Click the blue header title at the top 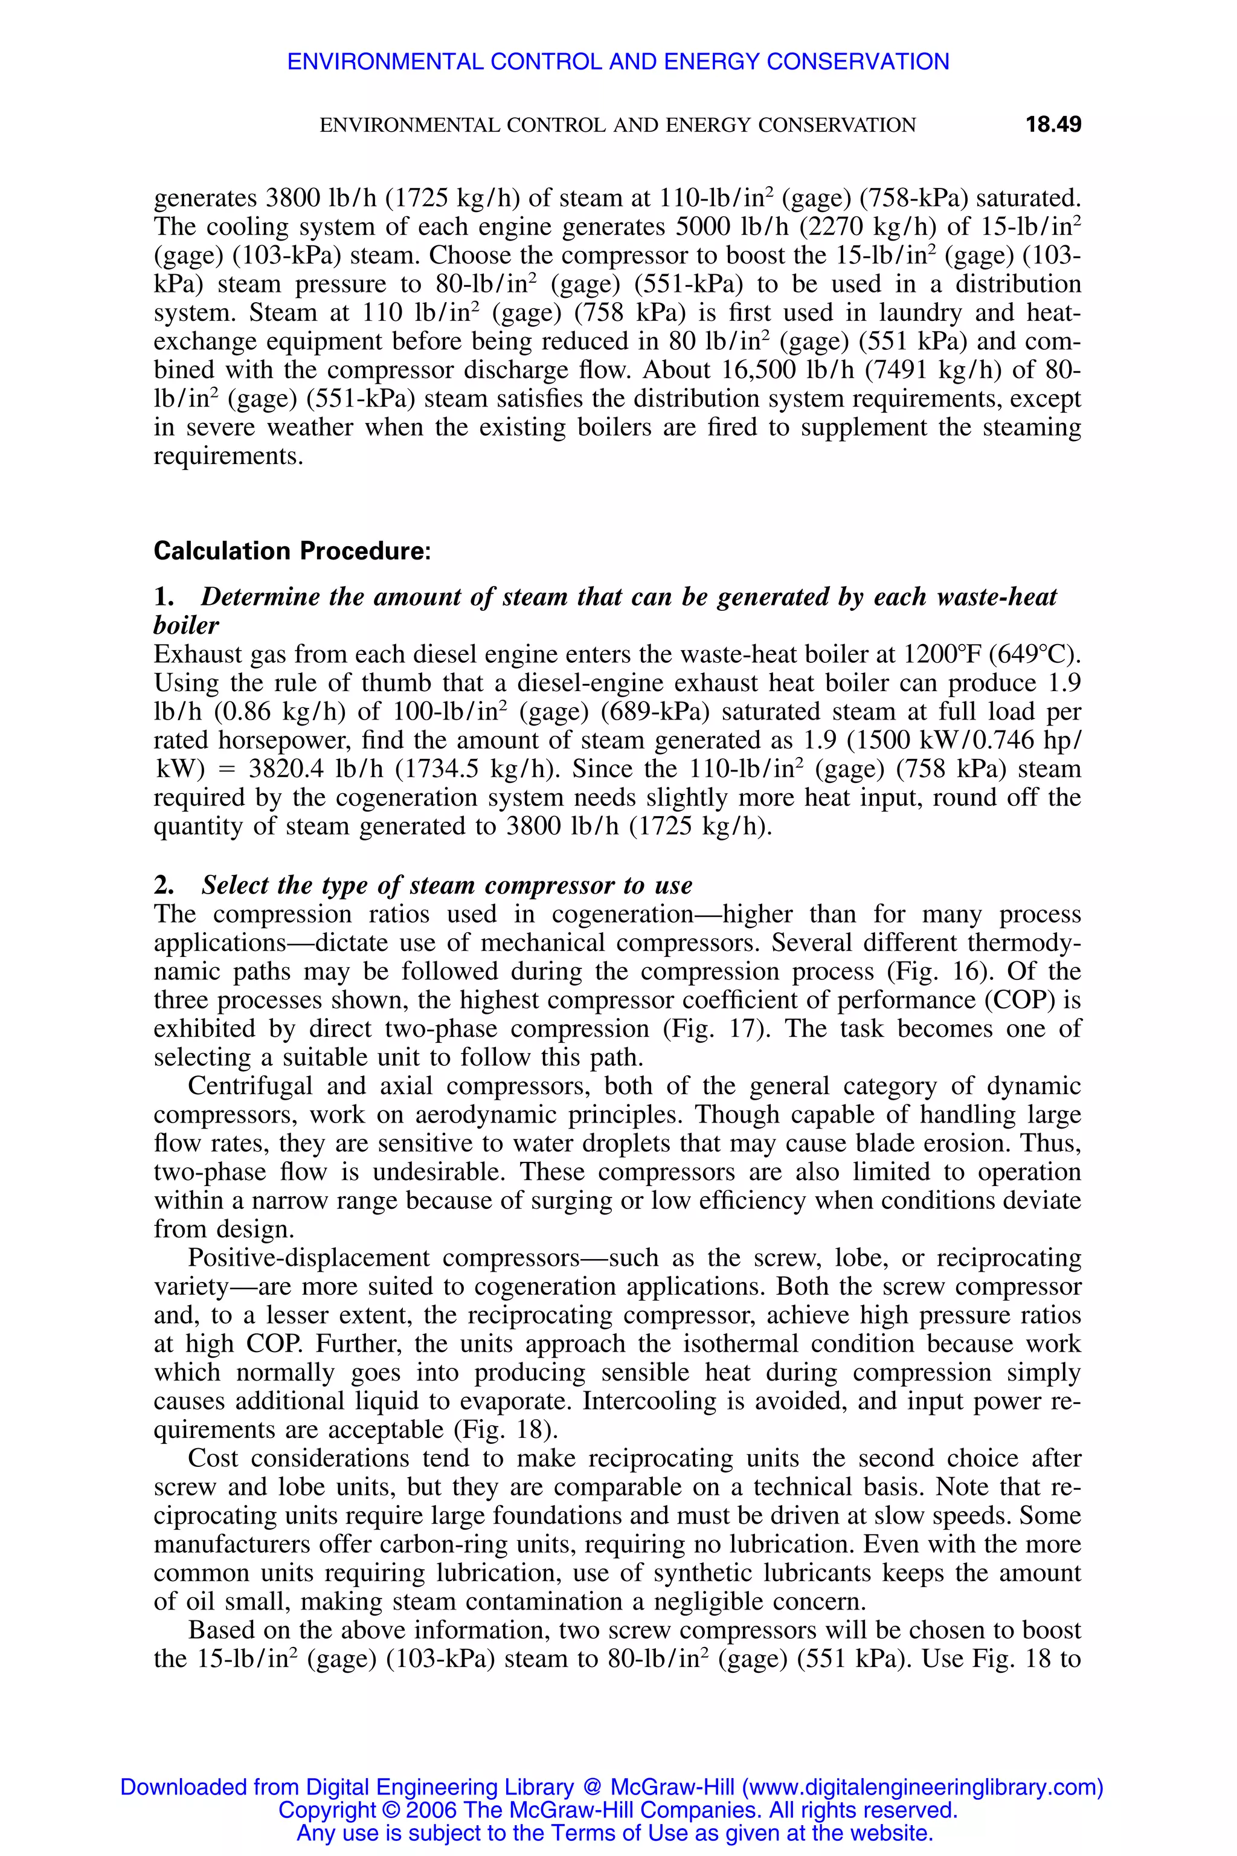pyautogui.click(x=618, y=62)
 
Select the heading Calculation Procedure pyautogui.click(x=292, y=551)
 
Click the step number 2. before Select pyautogui.click(x=164, y=885)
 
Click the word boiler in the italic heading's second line pyautogui.click(x=186, y=626)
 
